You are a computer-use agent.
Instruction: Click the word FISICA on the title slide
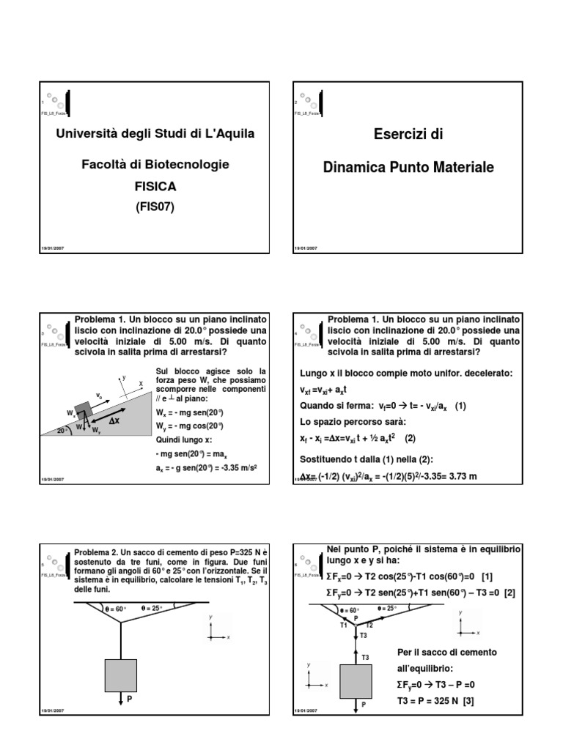(155, 187)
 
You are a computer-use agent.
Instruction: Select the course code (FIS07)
(155, 207)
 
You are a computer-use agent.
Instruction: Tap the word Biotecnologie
(185, 165)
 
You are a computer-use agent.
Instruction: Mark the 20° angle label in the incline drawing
(63, 431)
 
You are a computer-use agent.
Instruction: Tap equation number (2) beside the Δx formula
(411, 438)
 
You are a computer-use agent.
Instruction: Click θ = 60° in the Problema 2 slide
(115, 608)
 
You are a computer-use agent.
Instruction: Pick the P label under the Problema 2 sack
(129, 699)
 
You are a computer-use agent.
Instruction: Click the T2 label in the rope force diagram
(369, 625)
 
